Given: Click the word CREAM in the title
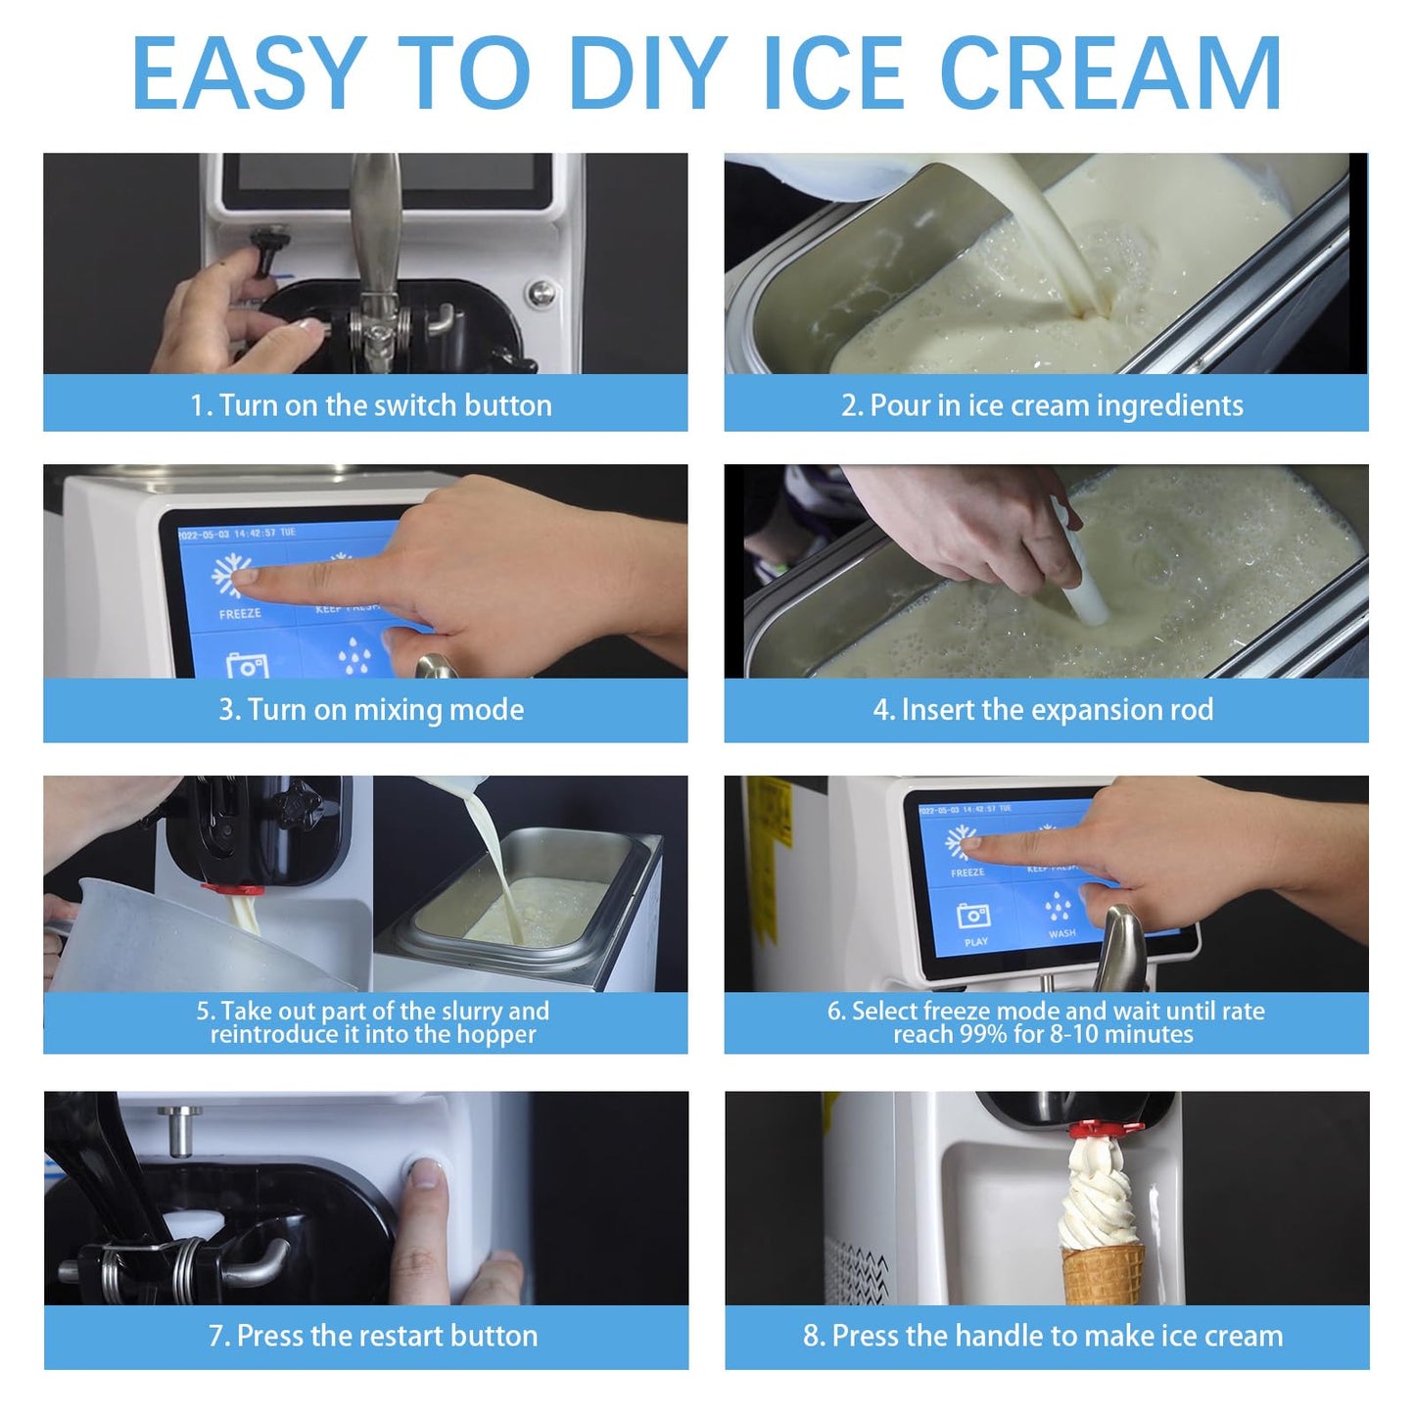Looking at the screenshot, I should tap(1110, 73).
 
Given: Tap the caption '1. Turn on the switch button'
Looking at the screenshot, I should tap(370, 404).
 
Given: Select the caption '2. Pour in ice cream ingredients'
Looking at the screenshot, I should tap(1042, 404).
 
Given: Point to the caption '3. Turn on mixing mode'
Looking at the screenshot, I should tap(370, 709).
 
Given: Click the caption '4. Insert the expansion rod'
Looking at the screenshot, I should tap(1042, 709).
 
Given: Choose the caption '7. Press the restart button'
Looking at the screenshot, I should tap(372, 1335).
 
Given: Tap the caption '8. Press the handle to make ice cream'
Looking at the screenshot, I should tap(1042, 1335).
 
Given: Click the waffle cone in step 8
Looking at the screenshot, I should tap(1103, 1273).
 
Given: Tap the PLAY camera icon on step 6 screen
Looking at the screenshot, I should tap(972, 917).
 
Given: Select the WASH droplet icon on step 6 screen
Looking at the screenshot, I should tap(1059, 907).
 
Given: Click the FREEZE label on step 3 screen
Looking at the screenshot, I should tap(240, 614).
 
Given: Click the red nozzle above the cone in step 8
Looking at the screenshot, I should tap(1105, 1129).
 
